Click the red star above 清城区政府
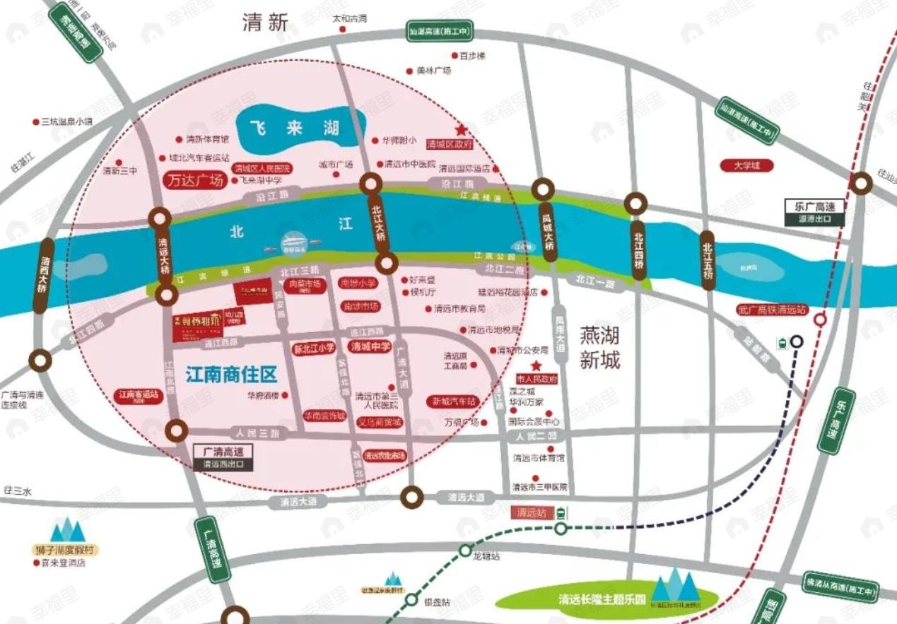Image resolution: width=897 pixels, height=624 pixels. tap(462, 131)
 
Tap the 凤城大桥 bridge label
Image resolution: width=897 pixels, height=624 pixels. tap(547, 228)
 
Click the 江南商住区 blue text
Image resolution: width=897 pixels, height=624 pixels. tap(231, 375)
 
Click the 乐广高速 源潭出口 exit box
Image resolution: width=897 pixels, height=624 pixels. tap(816, 212)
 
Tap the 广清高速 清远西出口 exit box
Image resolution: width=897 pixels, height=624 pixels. tap(223, 457)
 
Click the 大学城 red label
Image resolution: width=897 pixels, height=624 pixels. tap(746, 166)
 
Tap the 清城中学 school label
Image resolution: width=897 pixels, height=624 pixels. tap(370, 346)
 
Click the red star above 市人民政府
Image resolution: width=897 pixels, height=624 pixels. tap(537, 365)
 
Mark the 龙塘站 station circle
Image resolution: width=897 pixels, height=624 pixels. tap(466, 550)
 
